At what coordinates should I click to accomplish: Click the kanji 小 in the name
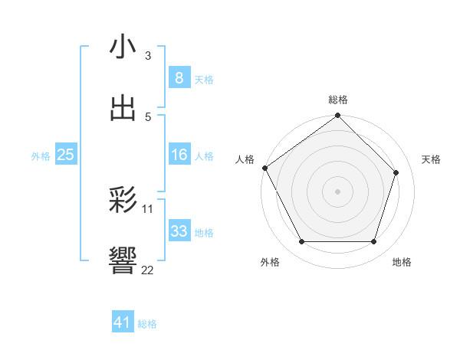point(123,47)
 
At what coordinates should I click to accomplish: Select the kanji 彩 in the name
point(123,201)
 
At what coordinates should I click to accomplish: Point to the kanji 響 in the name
point(123,261)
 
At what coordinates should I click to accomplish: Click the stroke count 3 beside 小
point(147,55)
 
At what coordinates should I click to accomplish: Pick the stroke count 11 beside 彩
point(148,208)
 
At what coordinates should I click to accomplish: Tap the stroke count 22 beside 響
point(148,270)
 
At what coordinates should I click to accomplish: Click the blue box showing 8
point(179,78)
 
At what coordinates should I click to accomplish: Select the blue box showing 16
point(179,155)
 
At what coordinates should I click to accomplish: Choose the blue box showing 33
point(179,231)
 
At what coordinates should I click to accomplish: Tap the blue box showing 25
point(65,155)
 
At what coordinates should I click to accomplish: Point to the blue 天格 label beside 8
point(204,80)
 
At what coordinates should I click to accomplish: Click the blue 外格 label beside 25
point(41,156)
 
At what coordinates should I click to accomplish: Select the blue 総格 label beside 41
point(147,324)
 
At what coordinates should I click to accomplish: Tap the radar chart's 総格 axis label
point(338,100)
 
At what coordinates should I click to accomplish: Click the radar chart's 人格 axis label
point(245,159)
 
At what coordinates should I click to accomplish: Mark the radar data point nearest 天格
point(396,172)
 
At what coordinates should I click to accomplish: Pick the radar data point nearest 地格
point(374,242)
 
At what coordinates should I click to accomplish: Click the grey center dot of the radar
point(338,191)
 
